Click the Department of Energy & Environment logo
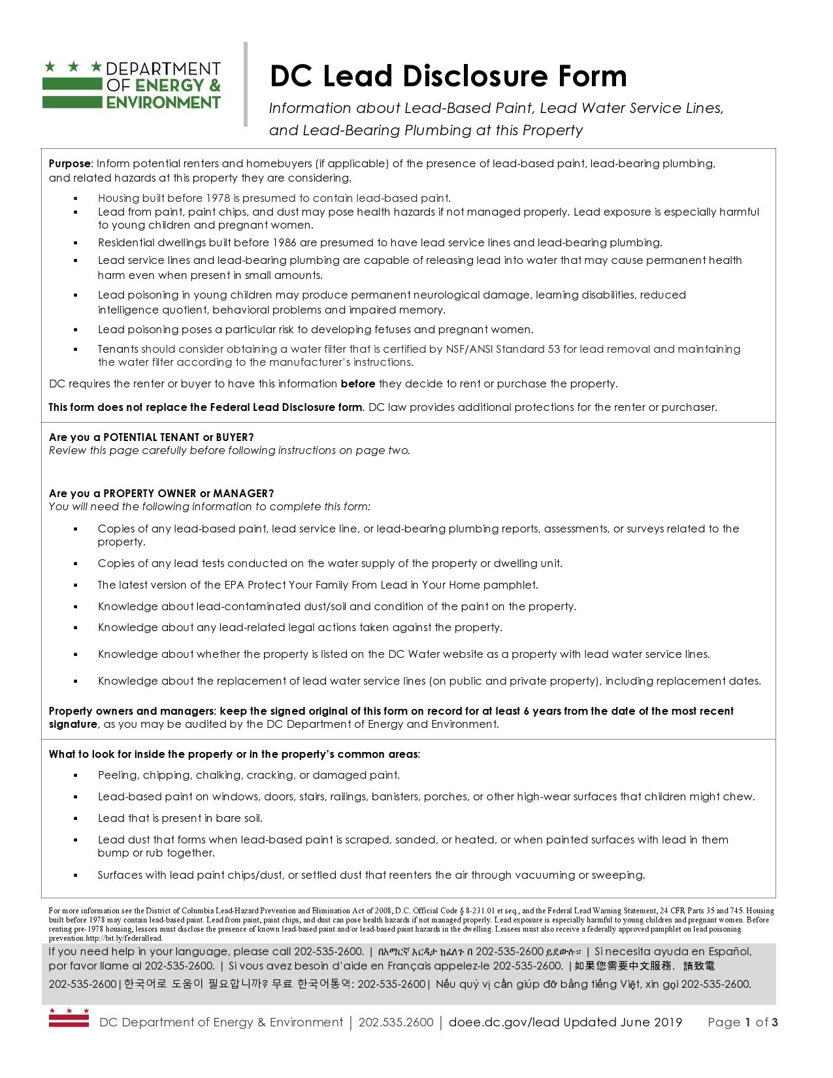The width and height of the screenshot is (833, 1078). click(131, 85)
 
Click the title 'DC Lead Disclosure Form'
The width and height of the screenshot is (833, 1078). click(448, 76)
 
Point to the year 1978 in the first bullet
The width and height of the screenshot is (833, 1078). click(218, 198)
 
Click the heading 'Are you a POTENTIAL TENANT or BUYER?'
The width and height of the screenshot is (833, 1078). click(151, 437)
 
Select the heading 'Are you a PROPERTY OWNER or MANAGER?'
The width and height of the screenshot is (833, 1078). click(161, 493)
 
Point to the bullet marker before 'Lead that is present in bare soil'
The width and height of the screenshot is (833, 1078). click(76, 819)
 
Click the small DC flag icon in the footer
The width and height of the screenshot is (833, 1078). click(69, 1018)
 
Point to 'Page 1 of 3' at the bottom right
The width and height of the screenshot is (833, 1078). click(742, 1022)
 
